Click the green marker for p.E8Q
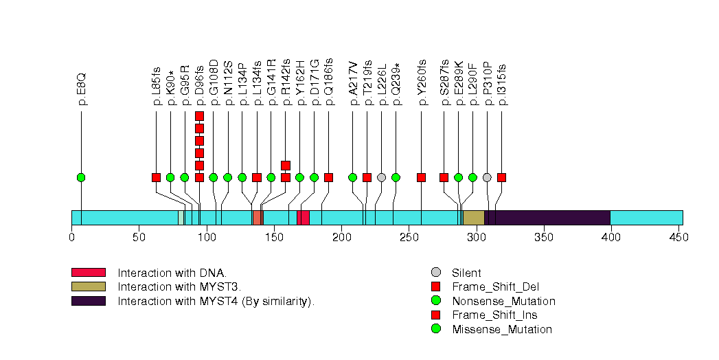pos(81,177)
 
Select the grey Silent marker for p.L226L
pos(381,177)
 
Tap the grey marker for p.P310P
pos(487,177)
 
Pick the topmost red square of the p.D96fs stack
pos(199,116)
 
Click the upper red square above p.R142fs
pos(286,165)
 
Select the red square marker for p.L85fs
pos(156,177)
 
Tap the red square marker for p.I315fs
pos(501,177)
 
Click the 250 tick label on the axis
pos(409,237)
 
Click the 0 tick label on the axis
pos(71,237)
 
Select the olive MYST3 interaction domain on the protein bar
pos(473,218)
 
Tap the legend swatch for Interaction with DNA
pos(88,273)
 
